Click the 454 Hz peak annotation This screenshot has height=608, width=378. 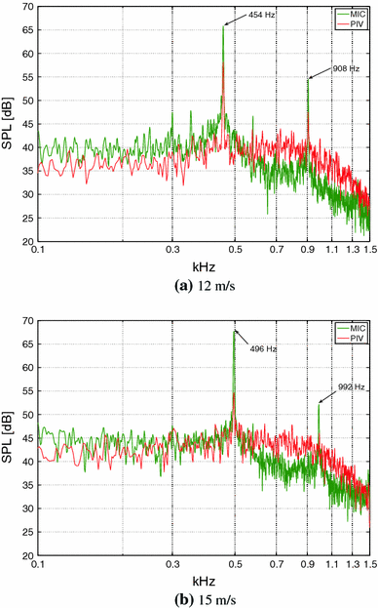261,16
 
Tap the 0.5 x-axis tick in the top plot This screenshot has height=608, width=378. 236,251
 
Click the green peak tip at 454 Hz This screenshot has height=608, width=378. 223,25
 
